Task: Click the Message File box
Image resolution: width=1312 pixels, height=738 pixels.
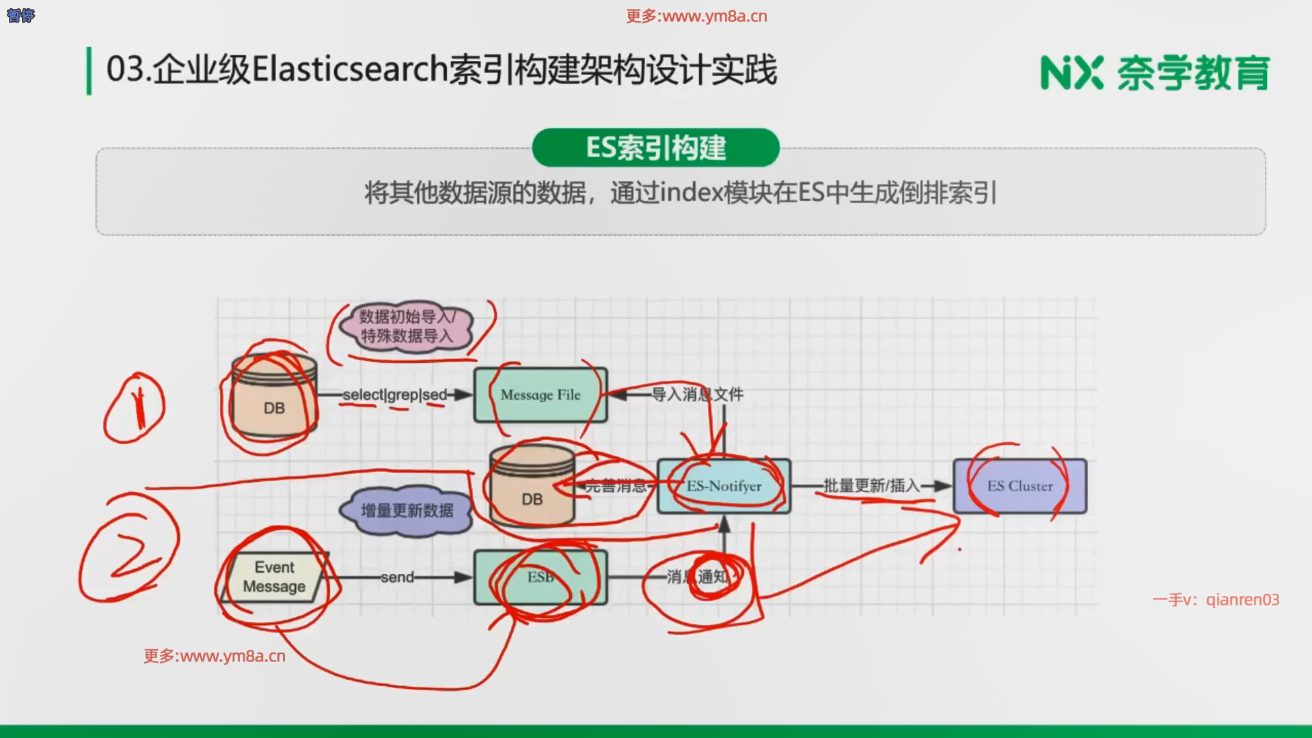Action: [541, 395]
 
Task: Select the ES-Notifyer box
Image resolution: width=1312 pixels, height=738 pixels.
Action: [724, 486]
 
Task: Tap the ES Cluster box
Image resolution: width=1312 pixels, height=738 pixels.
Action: [1020, 486]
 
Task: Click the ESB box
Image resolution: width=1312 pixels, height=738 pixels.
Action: [541, 577]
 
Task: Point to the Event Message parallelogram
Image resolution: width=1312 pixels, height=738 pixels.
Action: [274, 577]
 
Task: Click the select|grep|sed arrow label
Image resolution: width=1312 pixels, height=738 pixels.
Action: [395, 395]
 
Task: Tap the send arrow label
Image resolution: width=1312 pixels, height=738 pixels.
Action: [398, 577]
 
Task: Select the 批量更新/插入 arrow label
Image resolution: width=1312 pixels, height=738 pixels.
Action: [872, 486]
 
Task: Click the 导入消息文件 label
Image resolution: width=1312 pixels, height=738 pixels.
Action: [697, 394]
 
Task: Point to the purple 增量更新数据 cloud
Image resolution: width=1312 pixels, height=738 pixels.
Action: [407, 510]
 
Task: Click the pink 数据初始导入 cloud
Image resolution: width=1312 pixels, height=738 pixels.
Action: [407, 326]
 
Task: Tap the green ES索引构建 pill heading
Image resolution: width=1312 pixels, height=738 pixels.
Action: [656, 148]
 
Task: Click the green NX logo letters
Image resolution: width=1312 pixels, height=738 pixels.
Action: [1071, 73]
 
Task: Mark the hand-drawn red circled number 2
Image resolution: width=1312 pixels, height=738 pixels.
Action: [130, 548]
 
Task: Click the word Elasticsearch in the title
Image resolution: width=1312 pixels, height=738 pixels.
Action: [350, 70]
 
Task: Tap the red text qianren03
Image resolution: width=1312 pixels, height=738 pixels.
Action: [1242, 600]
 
